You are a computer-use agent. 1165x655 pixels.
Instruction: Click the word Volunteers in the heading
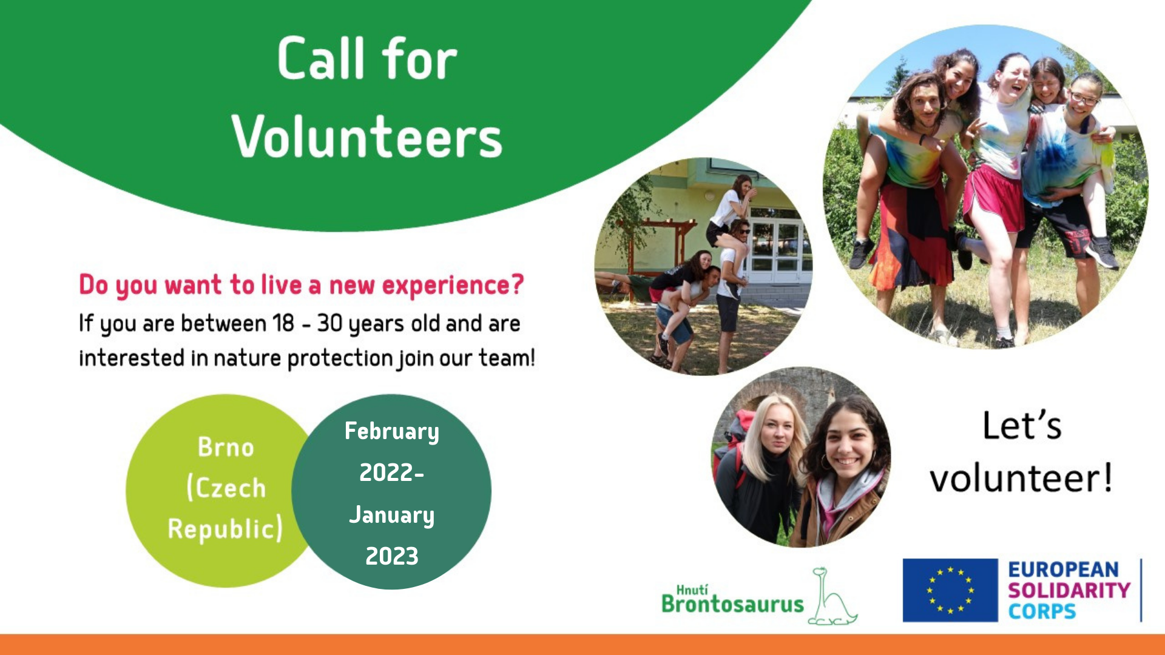[x=366, y=136]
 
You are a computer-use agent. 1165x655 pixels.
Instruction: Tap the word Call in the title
[x=322, y=58]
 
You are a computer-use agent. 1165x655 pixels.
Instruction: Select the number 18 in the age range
[x=283, y=323]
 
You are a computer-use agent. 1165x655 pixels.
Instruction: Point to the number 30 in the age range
[x=329, y=323]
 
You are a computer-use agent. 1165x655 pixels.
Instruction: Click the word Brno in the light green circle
[x=226, y=447]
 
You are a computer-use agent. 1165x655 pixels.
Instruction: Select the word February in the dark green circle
[x=392, y=431]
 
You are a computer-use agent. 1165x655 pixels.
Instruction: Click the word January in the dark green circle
[x=392, y=515]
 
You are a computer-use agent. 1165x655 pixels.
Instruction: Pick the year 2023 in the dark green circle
[x=392, y=556]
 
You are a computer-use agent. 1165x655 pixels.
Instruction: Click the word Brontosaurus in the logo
[x=732, y=604]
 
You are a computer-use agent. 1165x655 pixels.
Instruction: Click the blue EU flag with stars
[x=950, y=590]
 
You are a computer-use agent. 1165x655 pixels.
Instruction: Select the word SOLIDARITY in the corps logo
[x=1069, y=590]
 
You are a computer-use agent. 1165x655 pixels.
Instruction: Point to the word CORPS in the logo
[x=1042, y=611]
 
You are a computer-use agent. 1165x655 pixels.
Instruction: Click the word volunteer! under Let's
[x=1022, y=478]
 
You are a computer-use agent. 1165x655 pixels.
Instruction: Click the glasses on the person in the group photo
[x=1084, y=99]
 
